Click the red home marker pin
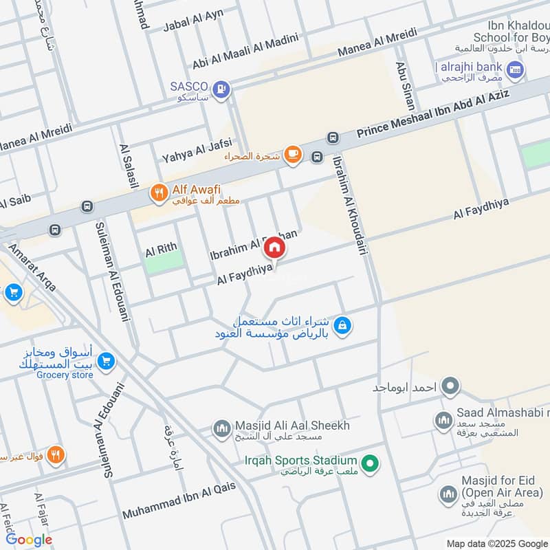(274, 247)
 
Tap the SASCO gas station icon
(221, 89)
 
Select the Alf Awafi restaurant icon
(159, 195)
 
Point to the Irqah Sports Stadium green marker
(371, 465)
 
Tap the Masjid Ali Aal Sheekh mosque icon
(221, 430)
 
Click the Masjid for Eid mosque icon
(448, 494)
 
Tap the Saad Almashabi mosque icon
(443, 419)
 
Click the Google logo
(29, 540)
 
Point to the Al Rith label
(161, 249)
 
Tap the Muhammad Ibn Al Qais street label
(179, 501)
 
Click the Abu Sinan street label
(404, 87)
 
